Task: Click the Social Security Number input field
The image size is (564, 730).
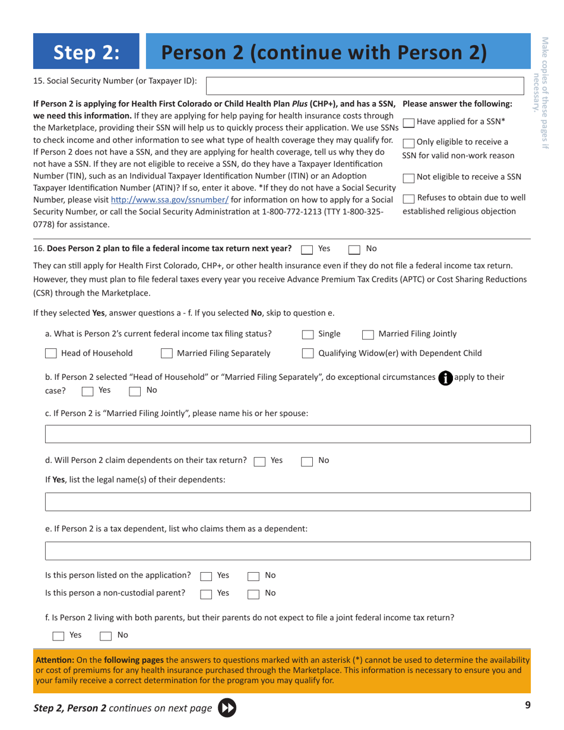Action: point(365,85)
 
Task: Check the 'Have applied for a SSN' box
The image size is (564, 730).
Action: point(409,122)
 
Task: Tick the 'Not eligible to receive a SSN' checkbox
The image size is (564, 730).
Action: point(409,177)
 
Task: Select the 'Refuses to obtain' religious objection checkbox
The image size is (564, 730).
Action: point(409,198)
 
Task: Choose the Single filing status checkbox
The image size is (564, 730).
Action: point(308,334)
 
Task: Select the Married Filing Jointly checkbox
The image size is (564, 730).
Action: point(368,334)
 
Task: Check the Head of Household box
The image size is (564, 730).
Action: point(51,354)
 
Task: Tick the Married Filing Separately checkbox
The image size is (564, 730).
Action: point(167,354)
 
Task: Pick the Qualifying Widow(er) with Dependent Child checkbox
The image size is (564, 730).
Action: point(308,354)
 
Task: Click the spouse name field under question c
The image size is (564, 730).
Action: point(288,434)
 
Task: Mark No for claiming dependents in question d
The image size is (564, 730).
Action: point(308,461)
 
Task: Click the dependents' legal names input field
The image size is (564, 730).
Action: point(288,502)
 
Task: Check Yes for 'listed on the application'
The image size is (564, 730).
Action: point(207,576)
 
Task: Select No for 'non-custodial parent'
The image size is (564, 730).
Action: point(253,593)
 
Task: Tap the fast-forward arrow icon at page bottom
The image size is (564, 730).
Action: point(227,707)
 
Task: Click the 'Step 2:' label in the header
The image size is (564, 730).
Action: point(87,53)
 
